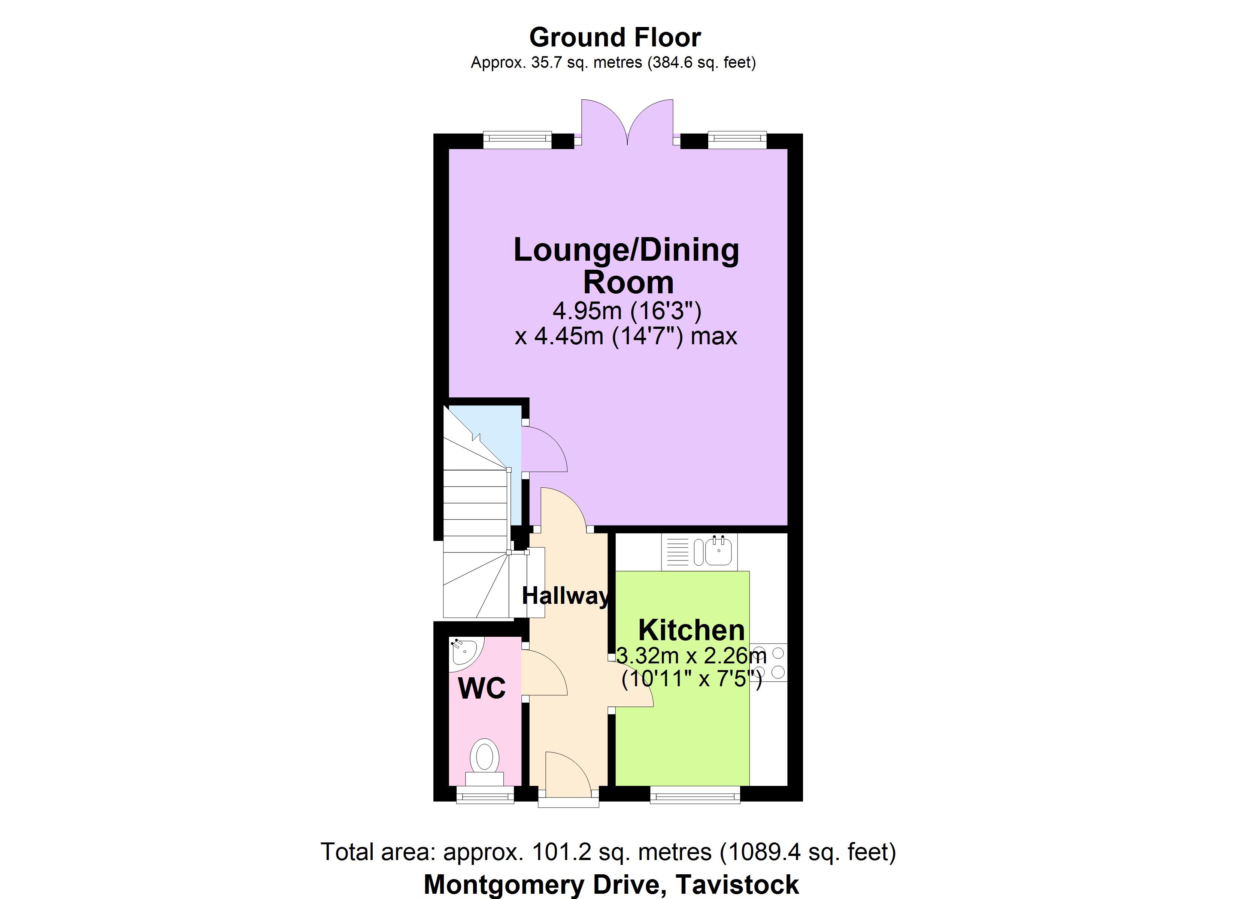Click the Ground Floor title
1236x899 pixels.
pos(615,37)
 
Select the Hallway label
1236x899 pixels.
pos(565,596)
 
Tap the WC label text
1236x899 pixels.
pos(482,688)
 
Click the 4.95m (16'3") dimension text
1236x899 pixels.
pos(627,311)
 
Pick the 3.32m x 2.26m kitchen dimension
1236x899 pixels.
pos(691,655)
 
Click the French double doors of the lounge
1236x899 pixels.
pos(627,122)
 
